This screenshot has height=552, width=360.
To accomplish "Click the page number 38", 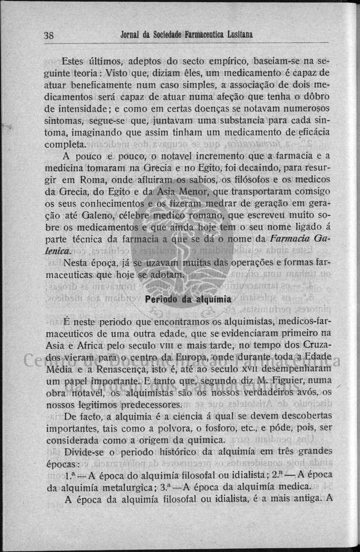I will tap(48, 35).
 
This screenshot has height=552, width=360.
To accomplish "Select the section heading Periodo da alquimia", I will tap(184, 298).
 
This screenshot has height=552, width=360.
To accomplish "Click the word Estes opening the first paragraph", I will tap(77, 61).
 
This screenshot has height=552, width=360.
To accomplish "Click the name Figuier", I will tap(269, 381).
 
